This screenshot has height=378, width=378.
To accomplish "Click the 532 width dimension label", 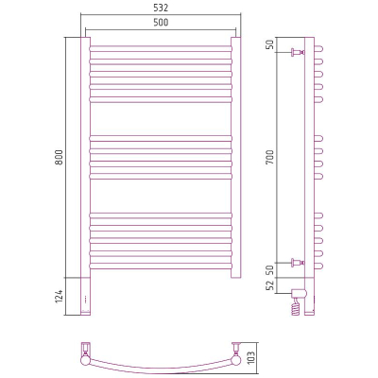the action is (161, 8).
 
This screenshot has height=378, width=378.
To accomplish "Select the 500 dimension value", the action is (161, 23).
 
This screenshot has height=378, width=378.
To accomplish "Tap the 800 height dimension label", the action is (60, 157).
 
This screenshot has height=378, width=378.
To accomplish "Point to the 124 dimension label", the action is (60, 297).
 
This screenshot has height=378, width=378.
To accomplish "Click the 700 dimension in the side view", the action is (270, 157).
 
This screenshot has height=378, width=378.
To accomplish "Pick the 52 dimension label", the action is (270, 286).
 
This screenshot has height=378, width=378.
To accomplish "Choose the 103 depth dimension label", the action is (251, 357).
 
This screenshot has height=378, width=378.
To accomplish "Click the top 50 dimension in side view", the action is (270, 44).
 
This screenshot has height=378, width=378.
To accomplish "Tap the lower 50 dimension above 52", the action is (270, 270).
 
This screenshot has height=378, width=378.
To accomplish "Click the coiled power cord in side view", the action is (296, 307).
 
